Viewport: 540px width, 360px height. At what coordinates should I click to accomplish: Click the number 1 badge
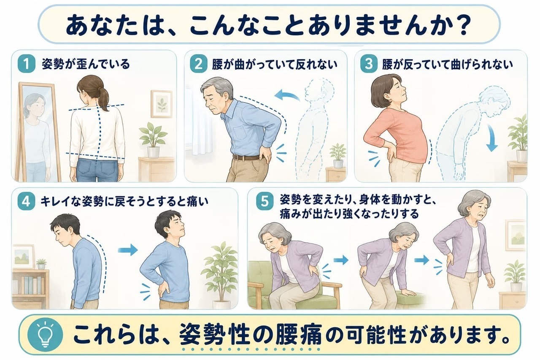(x=26, y=64)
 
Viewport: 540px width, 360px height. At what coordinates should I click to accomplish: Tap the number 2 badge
(x=198, y=64)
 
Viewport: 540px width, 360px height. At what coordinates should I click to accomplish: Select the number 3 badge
(x=369, y=64)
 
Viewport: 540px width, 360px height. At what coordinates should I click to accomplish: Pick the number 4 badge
(x=26, y=201)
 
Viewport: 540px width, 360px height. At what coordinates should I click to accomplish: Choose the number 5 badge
(x=265, y=201)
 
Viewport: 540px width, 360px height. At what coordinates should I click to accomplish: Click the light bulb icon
(x=45, y=335)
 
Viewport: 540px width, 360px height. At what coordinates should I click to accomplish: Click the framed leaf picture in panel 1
(x=162, y=104)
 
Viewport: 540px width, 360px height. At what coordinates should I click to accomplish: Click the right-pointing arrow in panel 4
(x=128, y=249)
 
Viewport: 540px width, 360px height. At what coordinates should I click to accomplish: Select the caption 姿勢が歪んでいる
(x=86, y=65)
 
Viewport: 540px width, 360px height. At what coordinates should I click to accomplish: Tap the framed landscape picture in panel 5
(x=516, y=235)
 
